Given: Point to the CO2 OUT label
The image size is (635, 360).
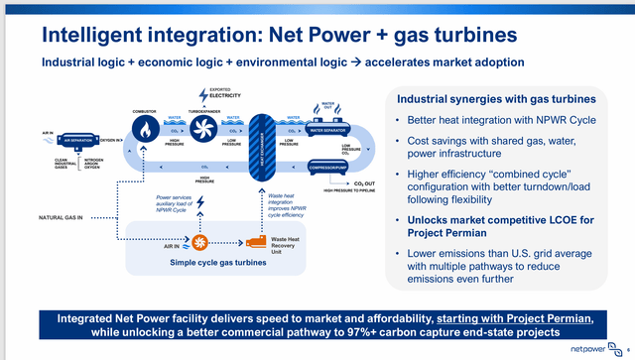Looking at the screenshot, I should tap(350, 184).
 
